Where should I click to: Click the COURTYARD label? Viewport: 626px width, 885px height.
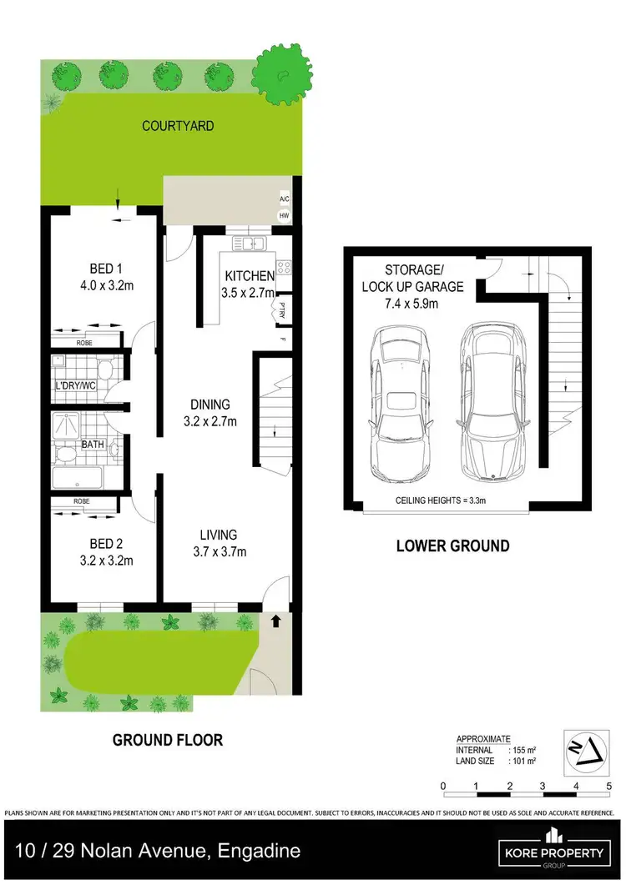point(178,126)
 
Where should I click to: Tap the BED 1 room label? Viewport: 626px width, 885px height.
point(106,269)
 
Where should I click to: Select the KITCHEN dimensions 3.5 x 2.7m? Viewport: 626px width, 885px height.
point(249,293)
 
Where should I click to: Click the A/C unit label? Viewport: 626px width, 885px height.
point(285,200)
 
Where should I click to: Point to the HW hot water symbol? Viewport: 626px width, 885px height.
point(285,216)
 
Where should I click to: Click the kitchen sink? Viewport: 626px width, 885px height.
point(249,244)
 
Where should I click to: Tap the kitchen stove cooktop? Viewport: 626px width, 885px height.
point(285,268)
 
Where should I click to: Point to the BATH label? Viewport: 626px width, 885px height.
point(93,445)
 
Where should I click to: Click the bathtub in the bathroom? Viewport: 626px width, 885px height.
point(77,478)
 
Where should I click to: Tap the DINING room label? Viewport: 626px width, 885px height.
point(210,405)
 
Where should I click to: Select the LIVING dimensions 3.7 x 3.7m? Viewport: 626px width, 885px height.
point(218,551)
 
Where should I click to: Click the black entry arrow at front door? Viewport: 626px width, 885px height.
point(276,621)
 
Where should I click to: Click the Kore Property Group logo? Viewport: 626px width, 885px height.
point(552,851)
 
